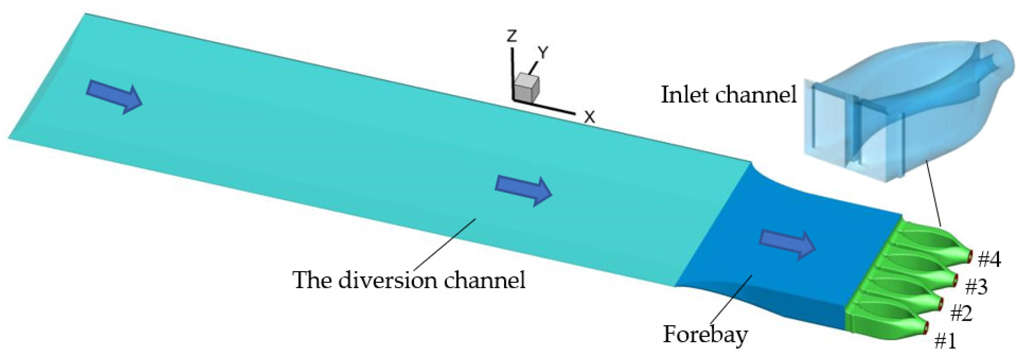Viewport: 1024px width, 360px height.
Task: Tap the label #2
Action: click(961, 314)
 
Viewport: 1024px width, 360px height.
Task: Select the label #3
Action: click(976, 286)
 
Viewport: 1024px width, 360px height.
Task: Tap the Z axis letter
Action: click(512, 37)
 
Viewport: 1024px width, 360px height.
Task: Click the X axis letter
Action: click(589, 117)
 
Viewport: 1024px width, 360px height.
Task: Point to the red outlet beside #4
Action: click(970, 256)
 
